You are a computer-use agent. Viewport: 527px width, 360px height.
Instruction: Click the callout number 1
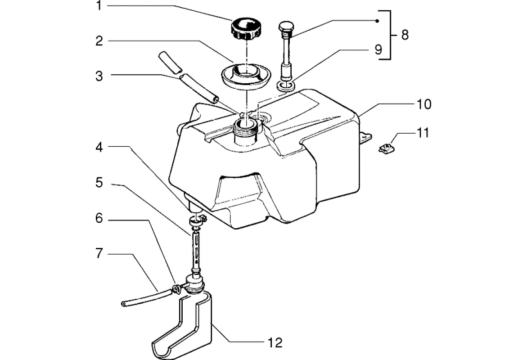(x=99, y=5)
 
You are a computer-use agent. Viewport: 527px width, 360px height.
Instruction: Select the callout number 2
(x=99, y=41)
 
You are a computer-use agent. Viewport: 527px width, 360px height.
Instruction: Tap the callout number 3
(x=99, y=76)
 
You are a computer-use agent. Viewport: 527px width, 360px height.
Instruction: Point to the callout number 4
(x=99, y=147)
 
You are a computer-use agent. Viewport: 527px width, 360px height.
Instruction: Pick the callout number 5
(x=99, y=183)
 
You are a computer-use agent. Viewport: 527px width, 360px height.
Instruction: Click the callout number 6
(x=99, y=218)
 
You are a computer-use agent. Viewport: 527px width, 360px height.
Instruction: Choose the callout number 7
(x=99, y=253)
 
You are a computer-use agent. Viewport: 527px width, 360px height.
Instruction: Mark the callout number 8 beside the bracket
(x=405, y=35)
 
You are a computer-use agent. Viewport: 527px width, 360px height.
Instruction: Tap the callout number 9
(x=378, y=49)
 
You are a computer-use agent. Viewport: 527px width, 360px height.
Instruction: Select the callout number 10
(x=424, y=104)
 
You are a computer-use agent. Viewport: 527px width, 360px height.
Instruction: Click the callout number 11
(x=423, y=133)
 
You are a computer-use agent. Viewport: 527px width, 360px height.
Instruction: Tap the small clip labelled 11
(x=386, y=148)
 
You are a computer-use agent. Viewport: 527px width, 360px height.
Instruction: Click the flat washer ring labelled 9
(x=286, y=85)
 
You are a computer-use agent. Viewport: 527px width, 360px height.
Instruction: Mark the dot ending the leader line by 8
(x=377, y=21)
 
